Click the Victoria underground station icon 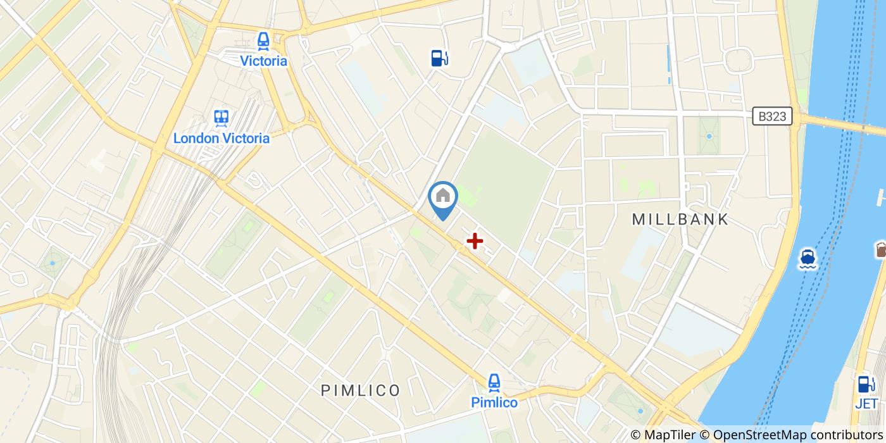263,41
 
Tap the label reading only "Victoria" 263,61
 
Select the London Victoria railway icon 221,118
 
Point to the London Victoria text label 221,138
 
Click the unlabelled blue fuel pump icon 439,58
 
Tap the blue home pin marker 443,198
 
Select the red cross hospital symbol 475,240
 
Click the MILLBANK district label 680,220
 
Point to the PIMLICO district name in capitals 361,390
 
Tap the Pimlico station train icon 494,382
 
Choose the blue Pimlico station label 494,402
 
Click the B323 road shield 773,116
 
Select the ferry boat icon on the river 808,258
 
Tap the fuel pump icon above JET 865,384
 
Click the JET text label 866,403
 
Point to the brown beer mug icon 881,249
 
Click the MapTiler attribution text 661,435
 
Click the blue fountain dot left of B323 709,136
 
